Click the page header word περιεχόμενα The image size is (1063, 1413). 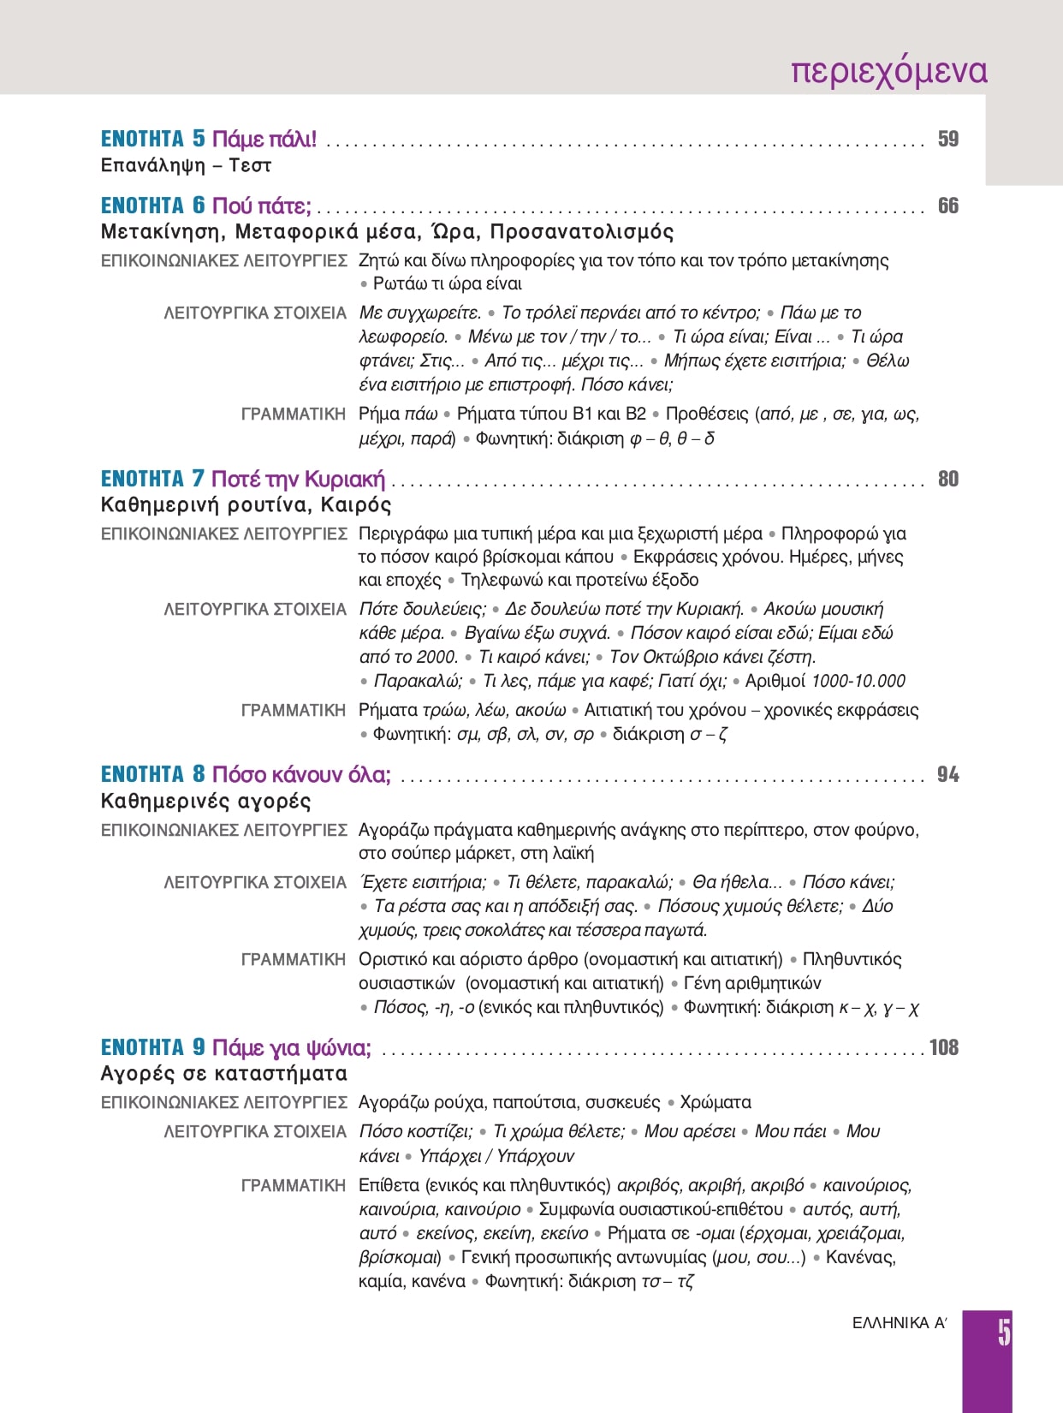[x=888, y=71]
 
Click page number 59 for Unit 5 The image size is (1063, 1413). [x=947, y=139]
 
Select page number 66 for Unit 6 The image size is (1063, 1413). [x=947, y=206]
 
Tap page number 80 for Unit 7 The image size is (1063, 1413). [x=947, y=479]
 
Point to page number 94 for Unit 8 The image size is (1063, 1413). [x=947, y=774]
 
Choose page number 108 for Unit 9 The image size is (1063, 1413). [x=943, y=1047]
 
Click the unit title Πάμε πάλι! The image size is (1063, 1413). [x=264, y=139]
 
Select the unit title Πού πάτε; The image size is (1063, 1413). [x=261, y=206]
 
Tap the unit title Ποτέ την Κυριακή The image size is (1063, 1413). [x=298, y=479]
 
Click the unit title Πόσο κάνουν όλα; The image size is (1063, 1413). [x=301, y=774]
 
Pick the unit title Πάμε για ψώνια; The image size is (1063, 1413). [x=291, y=1047]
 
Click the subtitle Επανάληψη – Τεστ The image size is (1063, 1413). [x=186, y=165]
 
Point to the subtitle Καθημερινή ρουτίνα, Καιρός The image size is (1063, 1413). [x=246, y=504]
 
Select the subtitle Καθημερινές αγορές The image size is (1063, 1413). [x=205, y=801]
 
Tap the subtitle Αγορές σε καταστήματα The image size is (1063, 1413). [x=223, y=1074]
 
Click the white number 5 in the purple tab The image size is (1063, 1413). [x=1003, y=1333]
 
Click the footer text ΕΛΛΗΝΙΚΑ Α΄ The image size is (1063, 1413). [x=899, y=1323]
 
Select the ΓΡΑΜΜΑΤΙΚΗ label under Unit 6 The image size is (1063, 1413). [x=293, y=414]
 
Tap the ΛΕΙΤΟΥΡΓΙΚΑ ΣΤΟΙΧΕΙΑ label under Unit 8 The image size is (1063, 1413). [x=255, y=882]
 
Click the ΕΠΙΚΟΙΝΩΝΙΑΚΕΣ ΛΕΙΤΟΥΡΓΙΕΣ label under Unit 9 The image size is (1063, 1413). [x=223, y=1102]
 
